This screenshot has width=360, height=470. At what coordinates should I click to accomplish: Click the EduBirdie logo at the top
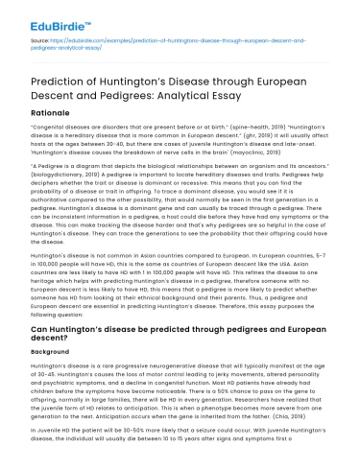coord(45,15)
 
